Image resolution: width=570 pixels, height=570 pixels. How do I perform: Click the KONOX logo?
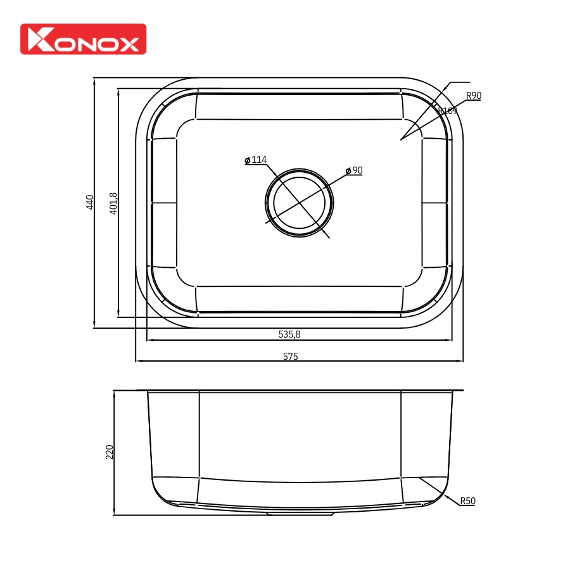[83, 39]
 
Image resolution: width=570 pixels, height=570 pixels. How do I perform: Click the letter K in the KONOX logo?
[37, 40]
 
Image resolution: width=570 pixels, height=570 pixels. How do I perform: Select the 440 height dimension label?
[90, 202]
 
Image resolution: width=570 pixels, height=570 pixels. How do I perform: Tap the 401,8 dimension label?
[113, 203]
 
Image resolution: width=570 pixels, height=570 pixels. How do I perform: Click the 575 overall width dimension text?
[290, 357]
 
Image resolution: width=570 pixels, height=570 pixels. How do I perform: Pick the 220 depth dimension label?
[109, 452]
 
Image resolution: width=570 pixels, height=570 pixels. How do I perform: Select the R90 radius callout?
[474, 96]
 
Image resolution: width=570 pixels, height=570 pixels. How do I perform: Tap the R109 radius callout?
[448, 111]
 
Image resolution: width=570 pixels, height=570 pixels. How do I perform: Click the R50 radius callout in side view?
[467, 501]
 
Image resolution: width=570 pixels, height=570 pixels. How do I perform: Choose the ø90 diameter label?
[354, 170]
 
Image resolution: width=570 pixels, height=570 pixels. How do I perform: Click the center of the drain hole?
[299, 203]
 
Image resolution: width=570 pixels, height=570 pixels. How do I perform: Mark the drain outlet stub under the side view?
[300, 514]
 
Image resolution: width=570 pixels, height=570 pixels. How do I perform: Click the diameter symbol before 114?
[248, 160]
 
